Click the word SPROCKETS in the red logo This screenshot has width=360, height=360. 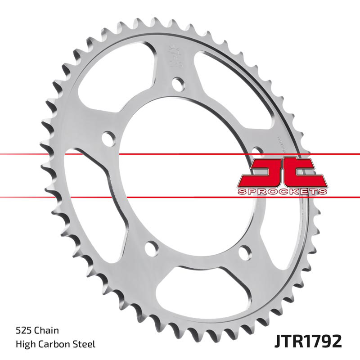click(281, 192)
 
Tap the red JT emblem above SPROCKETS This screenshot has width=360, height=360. click(281, 173)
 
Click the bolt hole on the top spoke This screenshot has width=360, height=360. click(179, 84)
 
